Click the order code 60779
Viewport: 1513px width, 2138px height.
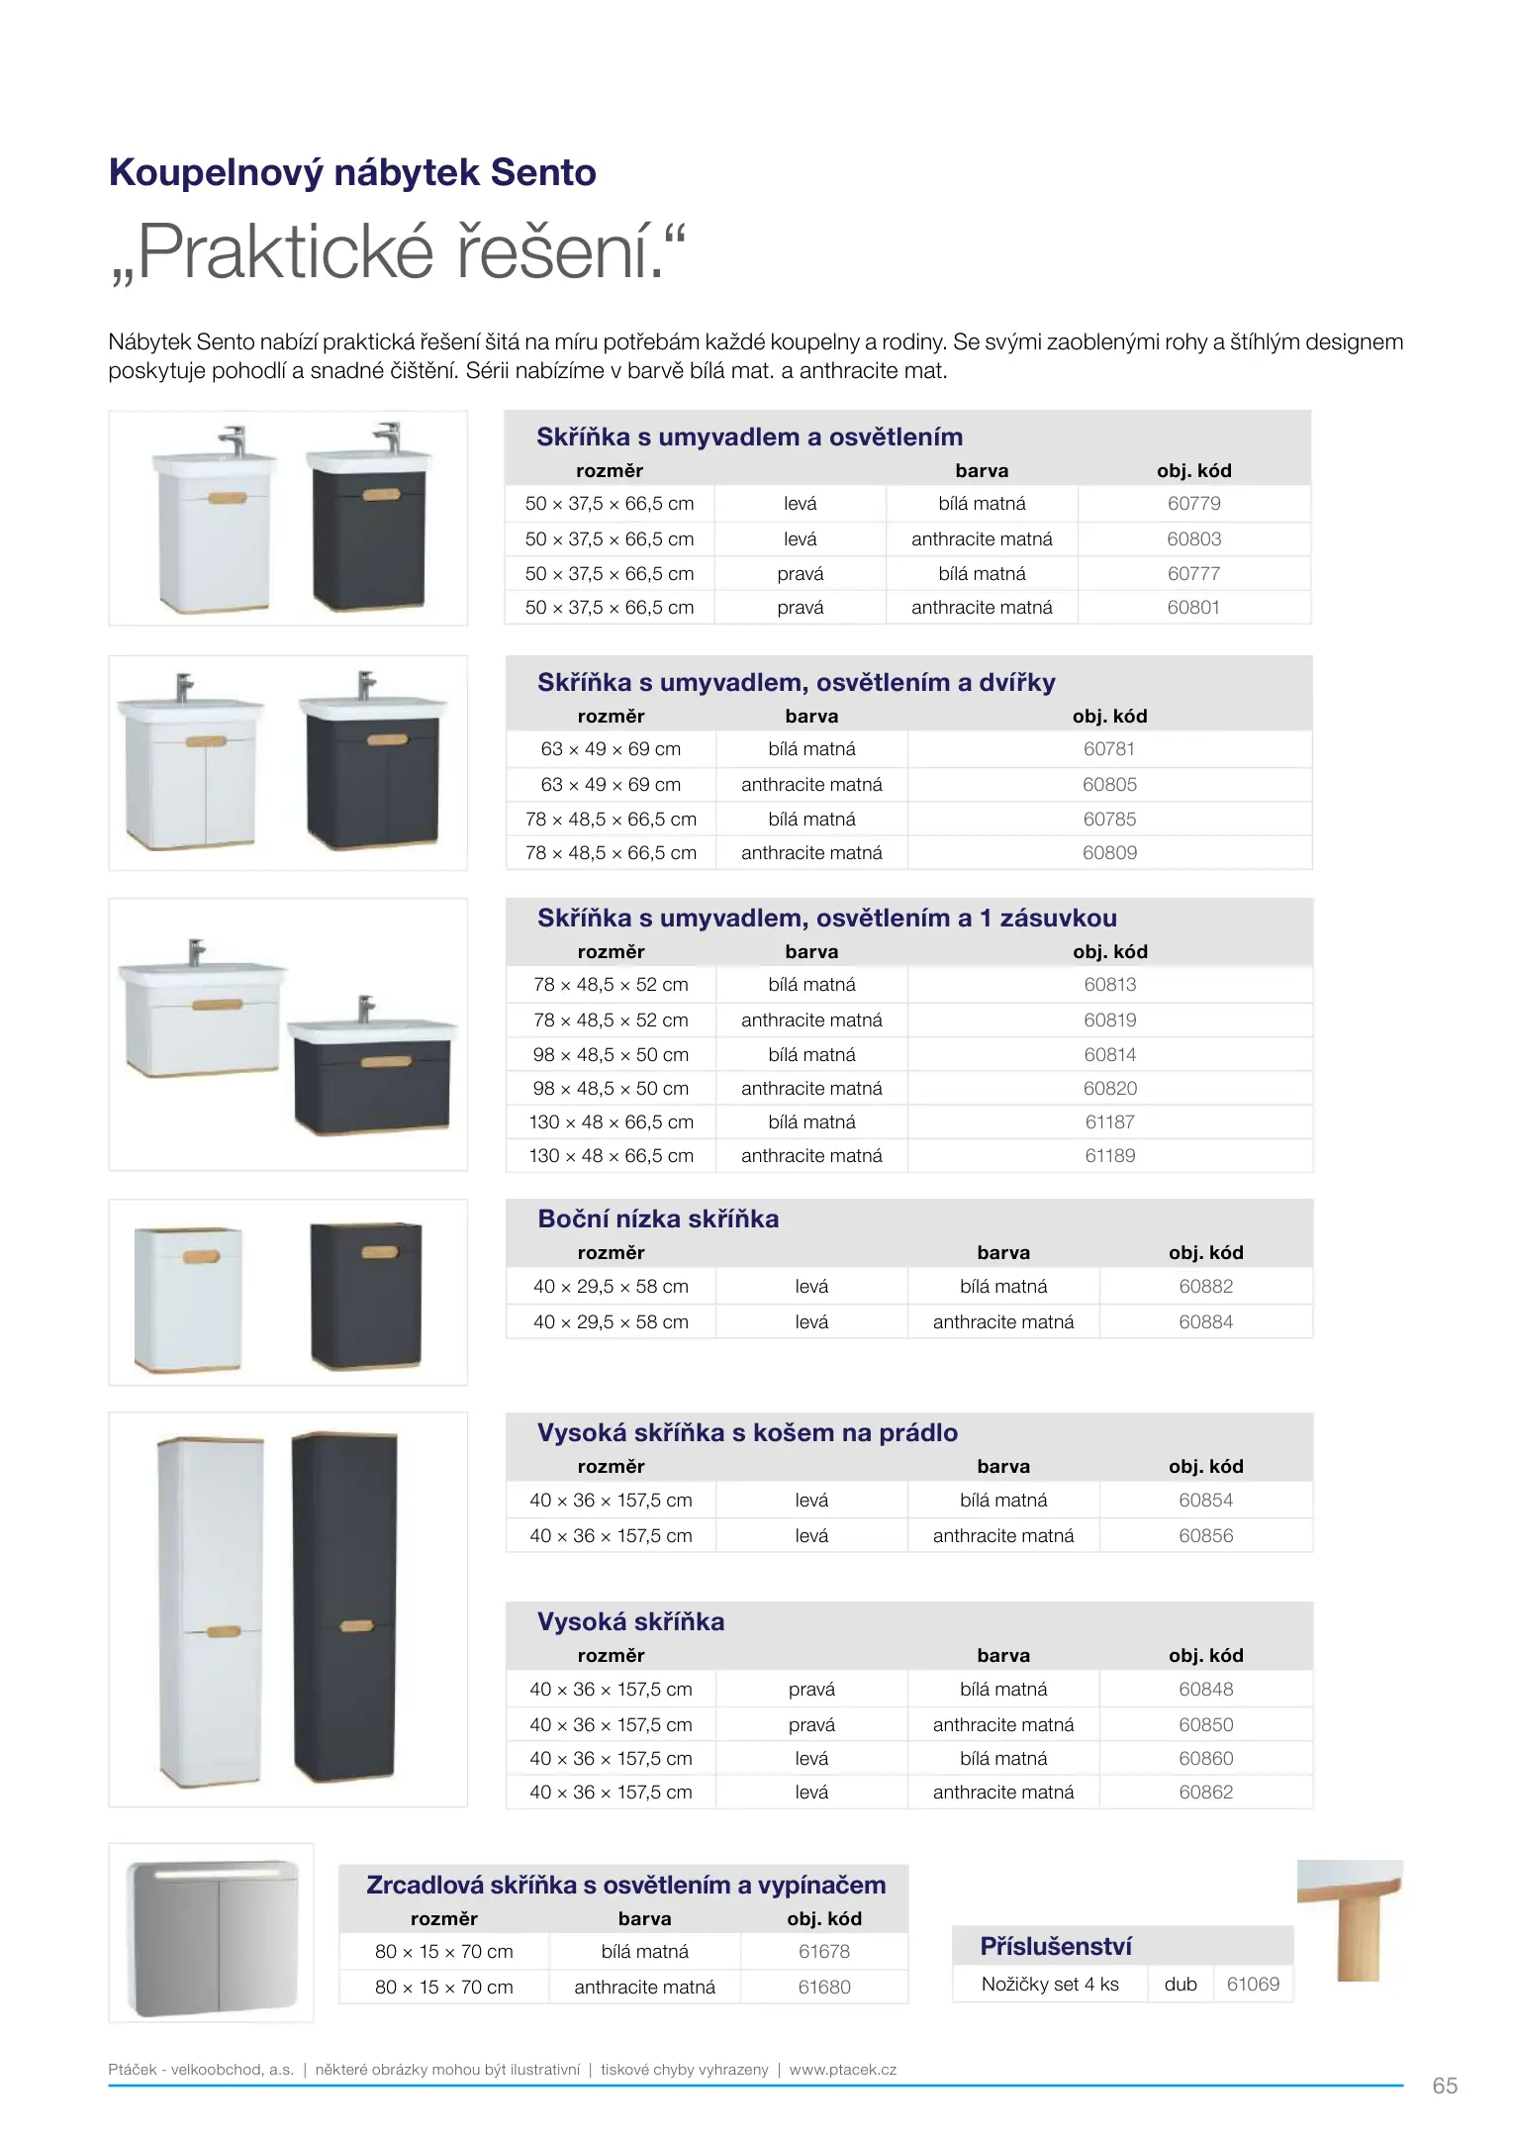1193,504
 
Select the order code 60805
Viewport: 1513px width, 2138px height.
1109,785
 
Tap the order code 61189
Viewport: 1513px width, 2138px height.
1109,1156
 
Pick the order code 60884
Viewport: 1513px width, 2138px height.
1205,1322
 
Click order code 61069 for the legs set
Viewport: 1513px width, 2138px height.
1253,1985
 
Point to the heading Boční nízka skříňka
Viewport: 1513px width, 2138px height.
658,1219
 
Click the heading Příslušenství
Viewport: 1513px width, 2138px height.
1056,1947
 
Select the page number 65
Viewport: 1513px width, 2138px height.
1445,2086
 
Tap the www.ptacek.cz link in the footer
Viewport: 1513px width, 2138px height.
843,2070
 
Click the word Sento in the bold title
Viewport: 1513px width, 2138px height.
543,173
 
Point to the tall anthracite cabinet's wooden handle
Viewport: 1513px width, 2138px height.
356,1626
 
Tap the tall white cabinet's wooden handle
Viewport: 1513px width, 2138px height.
224,1631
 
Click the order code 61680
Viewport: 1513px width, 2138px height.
824,1988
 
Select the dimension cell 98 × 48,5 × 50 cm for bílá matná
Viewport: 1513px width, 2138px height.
611,1055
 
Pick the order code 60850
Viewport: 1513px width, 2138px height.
1205,1725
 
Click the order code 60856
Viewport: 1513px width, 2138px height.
1205,1536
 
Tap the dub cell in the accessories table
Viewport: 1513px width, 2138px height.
1181,1985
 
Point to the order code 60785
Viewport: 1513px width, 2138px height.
1109,820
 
